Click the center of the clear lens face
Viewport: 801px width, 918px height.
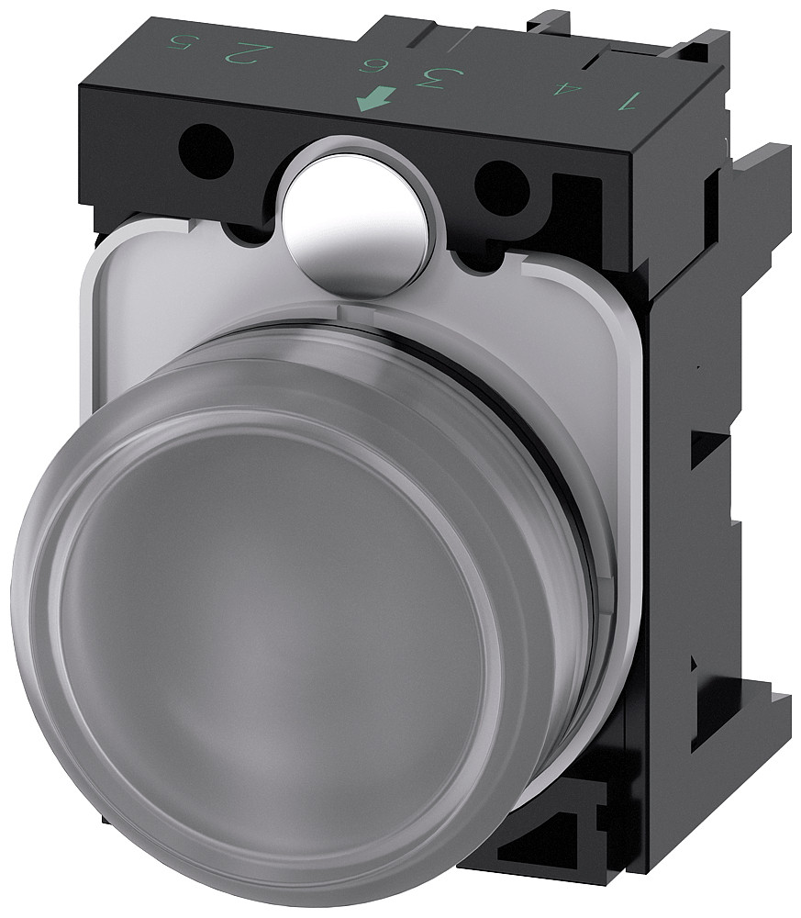coord(275,624)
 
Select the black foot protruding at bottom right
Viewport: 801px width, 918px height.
coord(734,725)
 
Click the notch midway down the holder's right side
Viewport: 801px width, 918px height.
coord(711,459)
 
